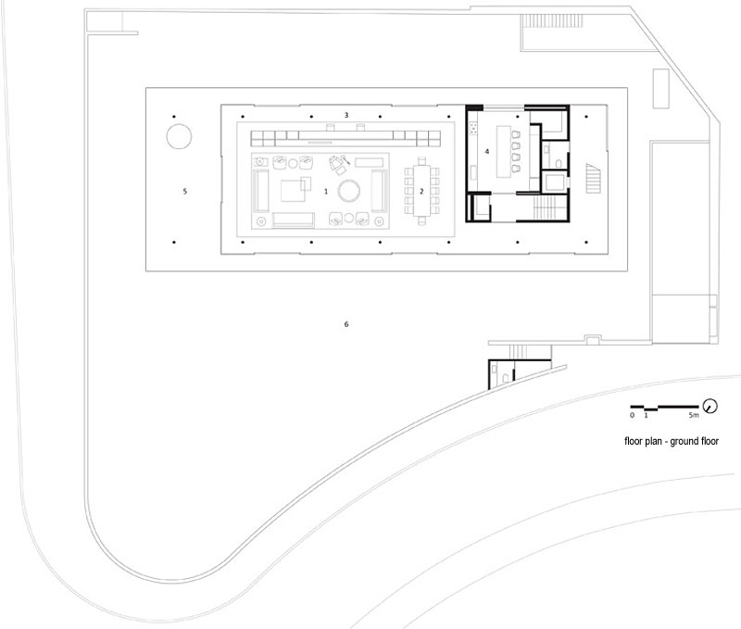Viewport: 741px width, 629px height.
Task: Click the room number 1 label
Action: point(326,192)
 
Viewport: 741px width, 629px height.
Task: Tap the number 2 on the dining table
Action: point(421,192)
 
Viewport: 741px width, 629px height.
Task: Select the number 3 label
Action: point(346,115)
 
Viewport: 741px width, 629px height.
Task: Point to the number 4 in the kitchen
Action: point(487,152)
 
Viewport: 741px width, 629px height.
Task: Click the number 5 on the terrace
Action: point(184,192)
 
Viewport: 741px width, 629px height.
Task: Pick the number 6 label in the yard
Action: point(346,324)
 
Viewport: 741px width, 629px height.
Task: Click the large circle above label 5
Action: point(179,136)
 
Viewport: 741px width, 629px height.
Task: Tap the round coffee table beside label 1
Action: point(349,191)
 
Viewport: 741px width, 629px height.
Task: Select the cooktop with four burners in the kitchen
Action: point(473,127)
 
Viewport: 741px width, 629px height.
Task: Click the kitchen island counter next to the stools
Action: point(504,152)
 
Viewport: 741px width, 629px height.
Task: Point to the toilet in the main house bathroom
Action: point(559,164)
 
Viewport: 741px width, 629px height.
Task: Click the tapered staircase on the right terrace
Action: point(593,178)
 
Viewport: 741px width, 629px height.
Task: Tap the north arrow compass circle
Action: point(710,406)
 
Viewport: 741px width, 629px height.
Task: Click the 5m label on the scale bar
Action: point(693,415)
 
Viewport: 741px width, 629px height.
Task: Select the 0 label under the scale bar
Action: point(633,415)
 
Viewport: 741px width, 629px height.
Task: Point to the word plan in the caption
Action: point(653,441)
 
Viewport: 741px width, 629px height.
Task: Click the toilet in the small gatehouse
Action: point(506,378)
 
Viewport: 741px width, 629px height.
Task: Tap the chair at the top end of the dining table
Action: point(421,160)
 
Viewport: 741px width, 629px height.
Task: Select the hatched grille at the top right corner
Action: point(552,20)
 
